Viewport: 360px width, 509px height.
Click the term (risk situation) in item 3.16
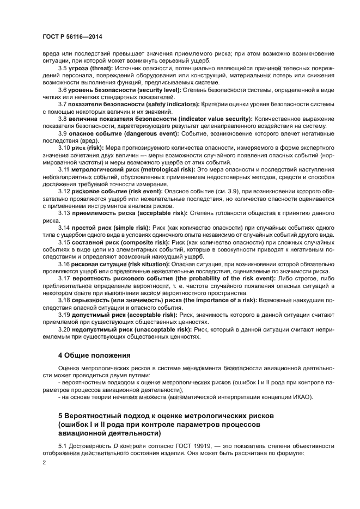click(144, 263)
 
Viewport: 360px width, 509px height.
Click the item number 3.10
click(64, 148)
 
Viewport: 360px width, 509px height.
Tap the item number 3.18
click(64, 299)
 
